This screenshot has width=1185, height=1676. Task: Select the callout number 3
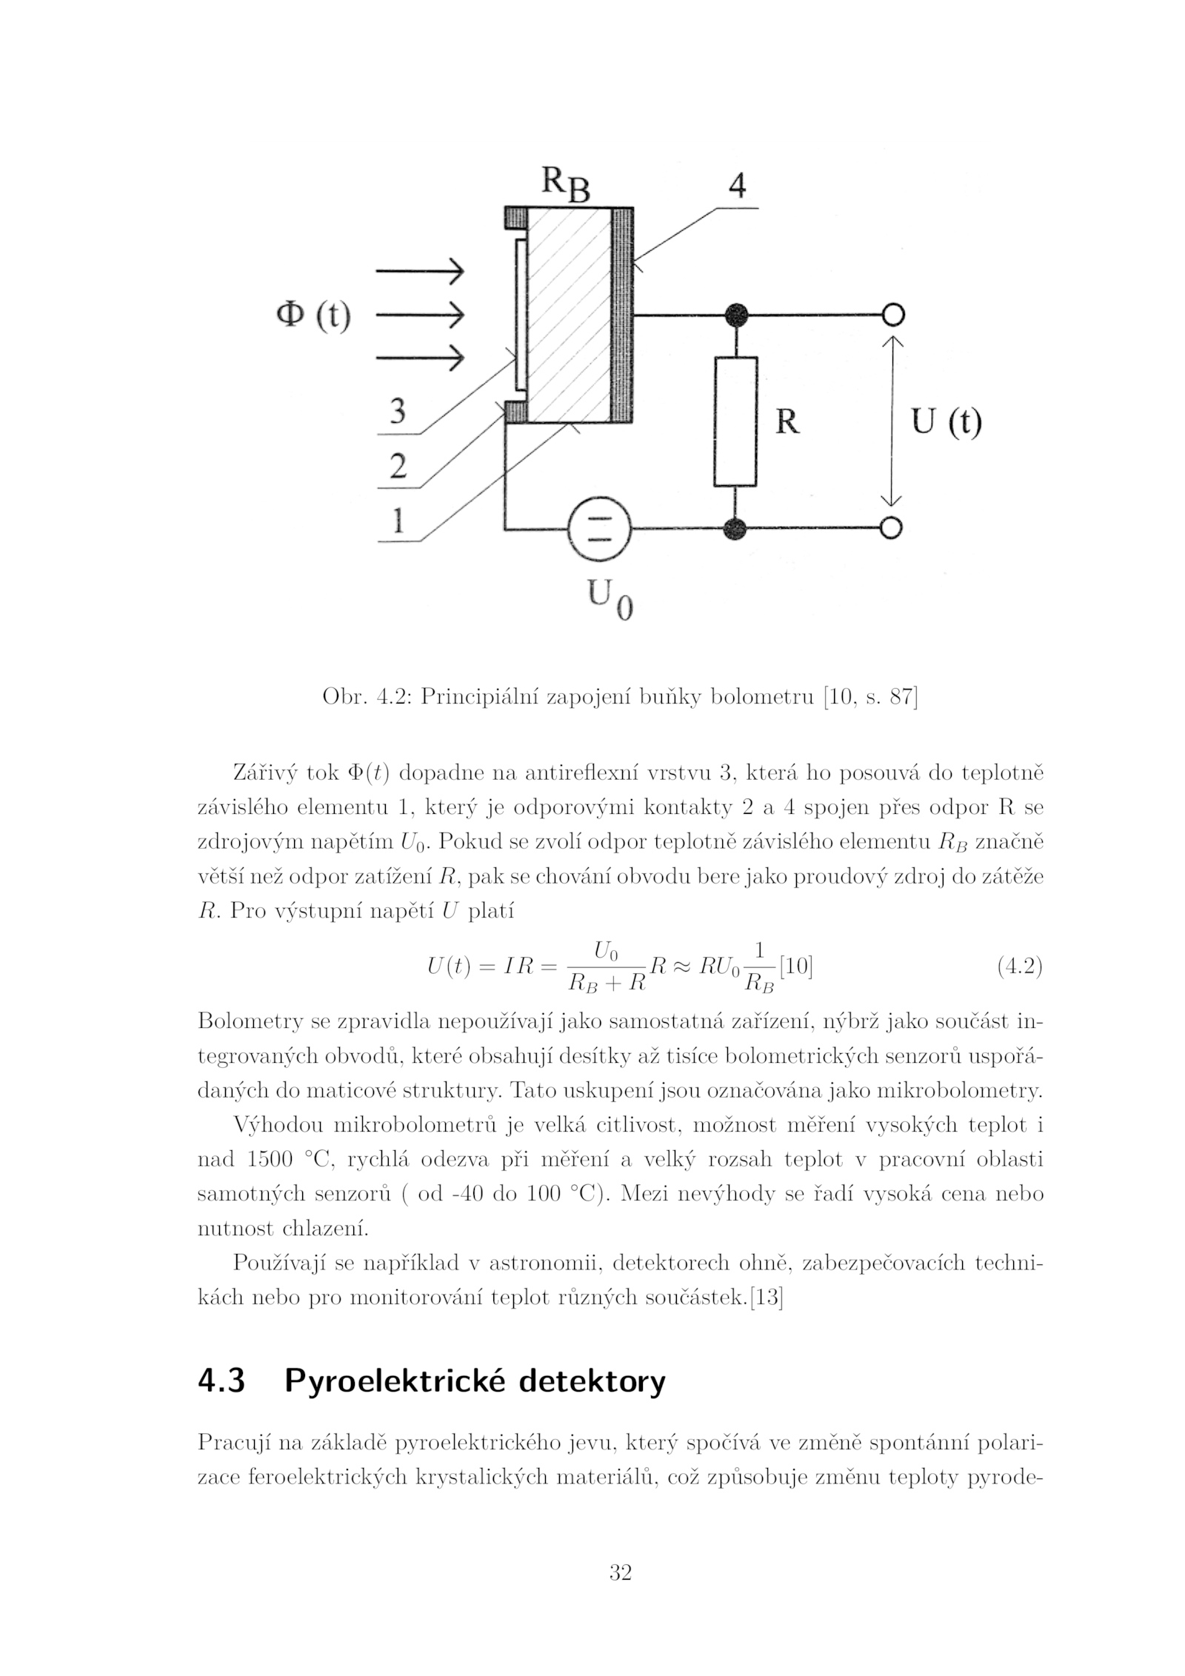[398, 411]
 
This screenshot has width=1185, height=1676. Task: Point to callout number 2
[398, 466]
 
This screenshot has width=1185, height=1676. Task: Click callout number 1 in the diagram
[398, 521]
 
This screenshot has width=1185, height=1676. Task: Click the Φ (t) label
[313, 315]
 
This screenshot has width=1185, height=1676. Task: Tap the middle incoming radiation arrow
[419, 316]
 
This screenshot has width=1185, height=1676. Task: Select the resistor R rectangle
[735, 421]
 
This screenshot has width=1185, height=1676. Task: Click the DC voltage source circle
[598, 528]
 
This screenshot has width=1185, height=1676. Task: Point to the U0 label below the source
[610, 598]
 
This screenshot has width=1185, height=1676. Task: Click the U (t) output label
[946, 422]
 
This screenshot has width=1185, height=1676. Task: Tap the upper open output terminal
[893, 315]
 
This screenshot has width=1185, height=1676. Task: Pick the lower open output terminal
[892, 527]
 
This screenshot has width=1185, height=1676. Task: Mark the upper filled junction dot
[735, 315]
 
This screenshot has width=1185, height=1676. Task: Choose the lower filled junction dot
[735, 528]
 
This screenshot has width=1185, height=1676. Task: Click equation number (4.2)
[1020, 966]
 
